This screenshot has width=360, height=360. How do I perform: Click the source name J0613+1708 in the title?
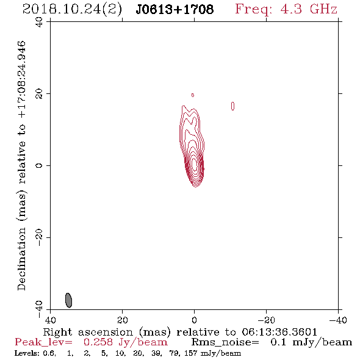[x=175, y=10]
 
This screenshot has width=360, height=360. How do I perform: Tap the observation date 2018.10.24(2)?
[x=72, y=10]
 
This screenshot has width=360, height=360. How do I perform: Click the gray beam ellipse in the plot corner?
[x=69, y=300]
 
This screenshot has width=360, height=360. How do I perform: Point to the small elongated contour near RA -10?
[x=232, y=106]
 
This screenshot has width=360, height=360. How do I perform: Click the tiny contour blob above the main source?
[x=193, y=95]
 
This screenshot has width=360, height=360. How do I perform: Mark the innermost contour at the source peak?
[x=195, y=165]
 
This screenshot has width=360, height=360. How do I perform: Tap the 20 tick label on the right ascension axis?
[x=122, y=320]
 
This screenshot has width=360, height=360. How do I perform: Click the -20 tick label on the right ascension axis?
[x=266, y=320]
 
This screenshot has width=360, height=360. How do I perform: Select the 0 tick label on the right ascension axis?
[x=194, y=320]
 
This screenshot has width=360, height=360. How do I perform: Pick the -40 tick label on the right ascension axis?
[x=338, y=320]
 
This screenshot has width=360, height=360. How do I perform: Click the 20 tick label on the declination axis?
[x=39, y=94]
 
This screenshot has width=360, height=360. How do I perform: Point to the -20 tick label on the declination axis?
[x=39, y=237]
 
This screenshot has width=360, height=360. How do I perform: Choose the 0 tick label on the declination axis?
[x=39, y=165]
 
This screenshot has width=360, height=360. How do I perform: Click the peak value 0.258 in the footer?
[x=98, y=342]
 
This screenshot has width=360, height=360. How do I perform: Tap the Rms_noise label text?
[x=225, y=342]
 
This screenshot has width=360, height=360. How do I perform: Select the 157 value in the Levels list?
[x=190, y=353]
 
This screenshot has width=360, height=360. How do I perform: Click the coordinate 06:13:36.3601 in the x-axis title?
[x=279, y=332]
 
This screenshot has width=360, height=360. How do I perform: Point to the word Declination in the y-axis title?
[x=21, y=259]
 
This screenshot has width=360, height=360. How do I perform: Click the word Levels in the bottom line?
[x=23, y=353]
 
